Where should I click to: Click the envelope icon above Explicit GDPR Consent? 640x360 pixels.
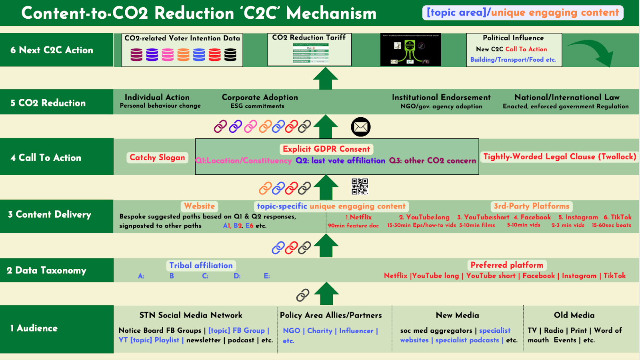(360, 127)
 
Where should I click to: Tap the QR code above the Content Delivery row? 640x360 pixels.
(360, 186)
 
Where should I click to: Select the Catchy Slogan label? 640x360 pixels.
(157, 158)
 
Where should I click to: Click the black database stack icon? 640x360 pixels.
(230, 54)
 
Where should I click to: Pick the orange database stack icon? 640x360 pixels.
(183, 54)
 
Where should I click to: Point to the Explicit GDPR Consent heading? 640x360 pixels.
(326, 149)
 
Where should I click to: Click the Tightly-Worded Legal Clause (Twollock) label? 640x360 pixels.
(559, 157)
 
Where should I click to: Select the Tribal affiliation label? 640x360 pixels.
(201, 266)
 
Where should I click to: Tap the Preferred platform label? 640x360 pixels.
(507, 265)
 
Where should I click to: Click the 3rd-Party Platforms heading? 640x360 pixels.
(531, 206)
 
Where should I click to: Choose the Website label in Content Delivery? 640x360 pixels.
(199, 206)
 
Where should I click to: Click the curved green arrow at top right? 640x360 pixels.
(592, 52)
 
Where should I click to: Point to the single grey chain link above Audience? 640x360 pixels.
(303, 295)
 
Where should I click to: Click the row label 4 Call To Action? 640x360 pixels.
(46, 158)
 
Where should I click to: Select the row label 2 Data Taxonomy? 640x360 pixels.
(46, 270)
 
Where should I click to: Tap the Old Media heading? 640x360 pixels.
(574, 315)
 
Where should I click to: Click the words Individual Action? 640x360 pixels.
(157, 97)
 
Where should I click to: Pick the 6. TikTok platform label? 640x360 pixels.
(618, 217)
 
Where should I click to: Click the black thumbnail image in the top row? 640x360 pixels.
(410, 50)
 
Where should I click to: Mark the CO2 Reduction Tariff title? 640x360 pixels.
(309, 38)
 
